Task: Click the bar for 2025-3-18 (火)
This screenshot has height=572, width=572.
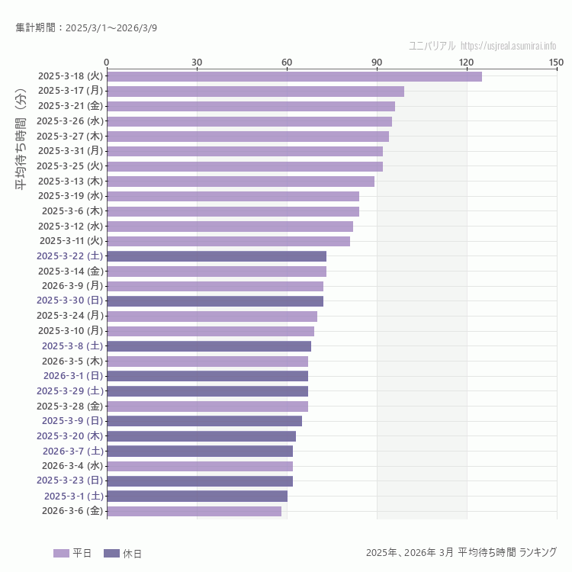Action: [294, 76]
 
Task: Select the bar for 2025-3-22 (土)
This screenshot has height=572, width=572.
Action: [216, 256]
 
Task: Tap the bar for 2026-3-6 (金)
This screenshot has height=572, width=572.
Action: [194, 511]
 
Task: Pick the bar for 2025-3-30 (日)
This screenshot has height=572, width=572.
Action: [214, 301]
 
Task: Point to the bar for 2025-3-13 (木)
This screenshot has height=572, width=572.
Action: [240, 182]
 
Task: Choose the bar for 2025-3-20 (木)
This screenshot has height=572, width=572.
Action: [201, 436]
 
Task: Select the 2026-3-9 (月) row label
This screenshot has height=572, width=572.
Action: [72, 286]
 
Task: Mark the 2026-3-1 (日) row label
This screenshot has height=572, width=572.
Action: [72, 376]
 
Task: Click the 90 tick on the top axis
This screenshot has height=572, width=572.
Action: [377, 62]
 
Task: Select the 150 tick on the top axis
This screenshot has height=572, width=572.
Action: [556, 62]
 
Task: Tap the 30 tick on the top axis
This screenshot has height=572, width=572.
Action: [197, 62]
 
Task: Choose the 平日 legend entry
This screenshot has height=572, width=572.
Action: [72, 553]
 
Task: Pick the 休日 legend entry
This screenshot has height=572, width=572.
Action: [122, 553]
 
